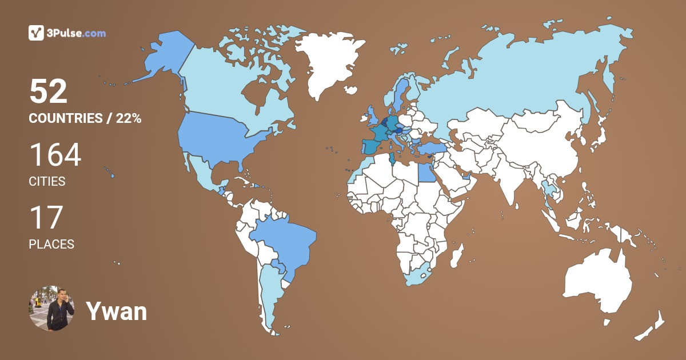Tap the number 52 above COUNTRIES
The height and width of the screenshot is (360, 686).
click(x=49, y=91)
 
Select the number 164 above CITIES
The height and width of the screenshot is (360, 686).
click(x=55, y=155)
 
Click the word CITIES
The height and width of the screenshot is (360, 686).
click(x=47, y=182)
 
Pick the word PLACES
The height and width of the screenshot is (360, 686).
click(x=51, y=245)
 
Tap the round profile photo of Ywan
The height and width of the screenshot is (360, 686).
click(x=51, y=309)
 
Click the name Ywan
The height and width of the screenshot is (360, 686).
click(x=116, y=311)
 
